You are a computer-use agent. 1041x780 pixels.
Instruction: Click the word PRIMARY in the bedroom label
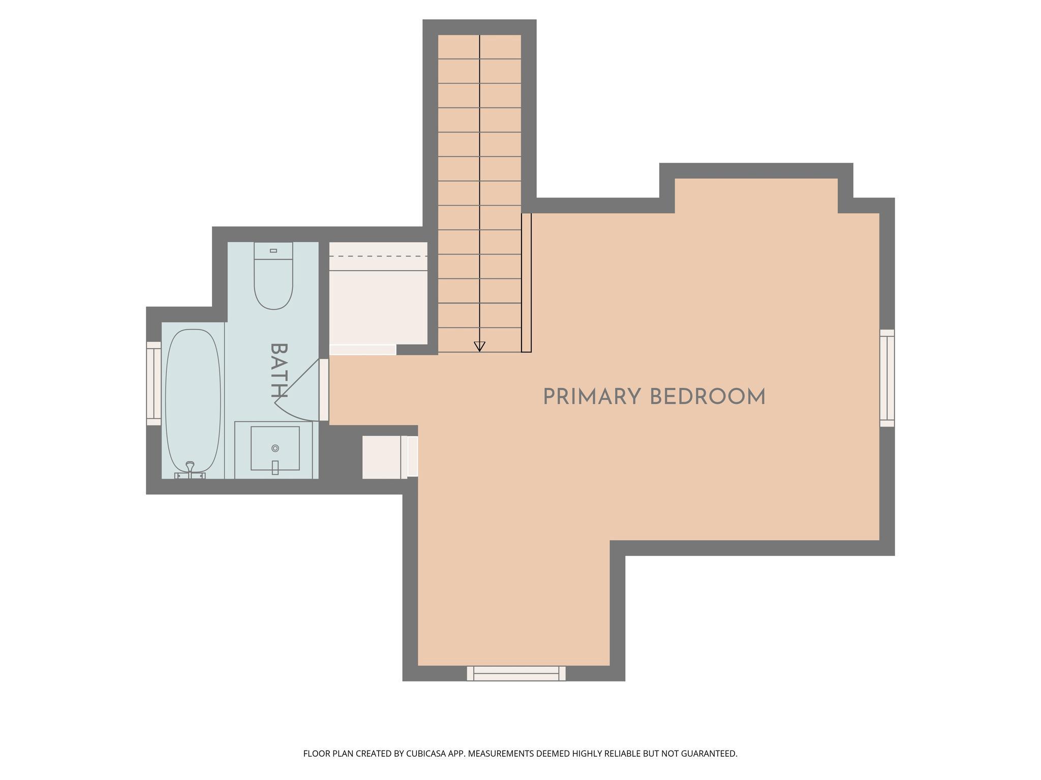[x=592, y=397]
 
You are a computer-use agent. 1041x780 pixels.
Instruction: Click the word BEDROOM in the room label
[x=708, y=397]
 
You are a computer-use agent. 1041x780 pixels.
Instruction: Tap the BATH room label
[x=279, y=370]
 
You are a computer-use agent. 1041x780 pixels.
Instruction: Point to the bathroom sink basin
[x=275, y=448]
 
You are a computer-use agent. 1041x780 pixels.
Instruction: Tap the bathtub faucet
[x=190, y=470]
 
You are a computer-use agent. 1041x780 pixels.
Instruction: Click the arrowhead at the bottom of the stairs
[x=479, y=347]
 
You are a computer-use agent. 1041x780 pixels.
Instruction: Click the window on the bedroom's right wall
[x=887, y=378]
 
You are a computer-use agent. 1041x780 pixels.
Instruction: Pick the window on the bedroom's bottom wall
[x=516, y=673]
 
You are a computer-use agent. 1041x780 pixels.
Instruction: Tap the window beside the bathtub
[x=154, y=383]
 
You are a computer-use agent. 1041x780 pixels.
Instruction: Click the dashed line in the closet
[x=379, y=256]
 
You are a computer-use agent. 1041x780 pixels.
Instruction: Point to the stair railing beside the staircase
[x=527, y=282]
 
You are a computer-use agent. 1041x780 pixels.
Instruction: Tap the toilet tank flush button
[x=273, y=251]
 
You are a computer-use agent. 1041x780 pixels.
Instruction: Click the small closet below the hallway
[x=385, y=457]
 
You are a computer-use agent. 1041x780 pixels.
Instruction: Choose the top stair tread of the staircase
[x=479, y=47]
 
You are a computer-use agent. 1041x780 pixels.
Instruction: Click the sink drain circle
[x=275, y=448]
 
